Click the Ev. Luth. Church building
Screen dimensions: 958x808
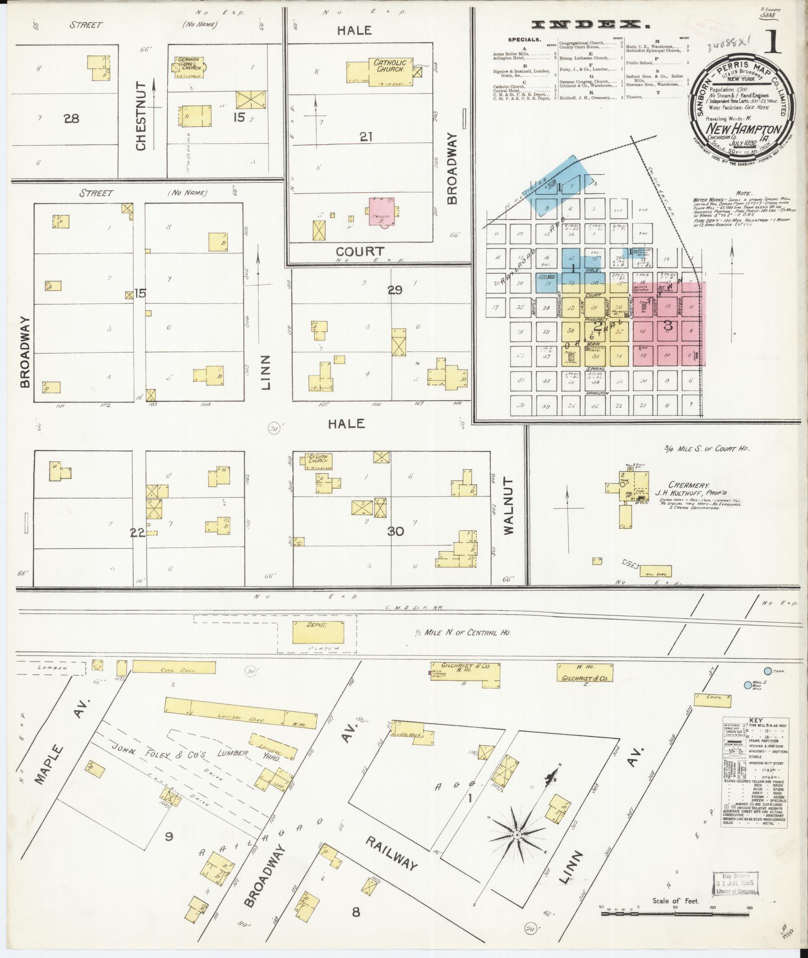coord(317,461)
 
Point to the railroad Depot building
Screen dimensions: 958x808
coord(318,632)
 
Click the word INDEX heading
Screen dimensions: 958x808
coord(588,24)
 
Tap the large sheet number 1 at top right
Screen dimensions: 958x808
coord(773,44)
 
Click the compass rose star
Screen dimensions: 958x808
coord(517,835)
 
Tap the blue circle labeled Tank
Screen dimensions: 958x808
coord(766,671)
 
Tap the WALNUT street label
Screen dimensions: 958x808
coord(509,506)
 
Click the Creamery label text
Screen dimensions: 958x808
coord(671,485)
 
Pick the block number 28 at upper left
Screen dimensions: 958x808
coord(71,119)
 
